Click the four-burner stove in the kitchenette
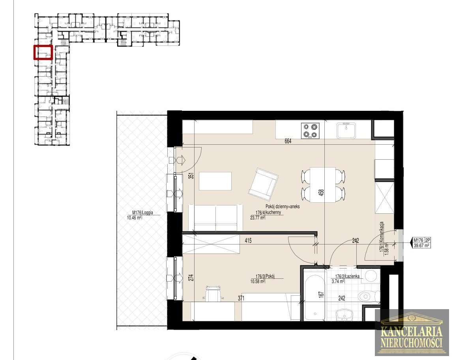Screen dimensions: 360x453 pos(310,131)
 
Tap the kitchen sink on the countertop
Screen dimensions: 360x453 pos(346,131)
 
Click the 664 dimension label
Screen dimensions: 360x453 pos(288,141)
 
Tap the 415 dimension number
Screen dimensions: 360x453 pos(247,240)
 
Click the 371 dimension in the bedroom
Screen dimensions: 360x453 pos(241,298)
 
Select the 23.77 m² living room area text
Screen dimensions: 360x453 pos(257,217)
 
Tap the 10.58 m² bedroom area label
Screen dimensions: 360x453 pos(257,281)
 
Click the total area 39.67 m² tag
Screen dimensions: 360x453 pos(421,245)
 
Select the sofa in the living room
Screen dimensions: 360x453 pos(215,217)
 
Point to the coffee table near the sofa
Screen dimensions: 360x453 pos(215,181)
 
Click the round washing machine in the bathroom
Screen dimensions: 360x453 pos(371,276)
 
